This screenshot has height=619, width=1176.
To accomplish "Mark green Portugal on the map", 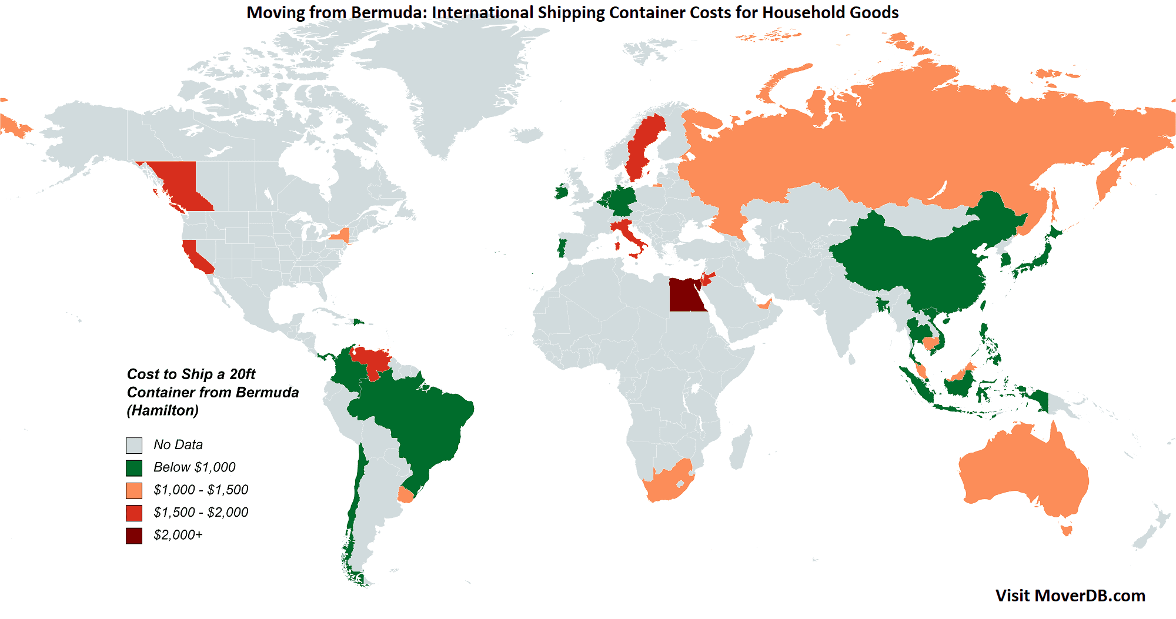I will [x=561, y=247].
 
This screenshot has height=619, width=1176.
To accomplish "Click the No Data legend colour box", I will [x=134, y=445].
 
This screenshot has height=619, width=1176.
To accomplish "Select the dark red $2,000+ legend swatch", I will [x=134, y=536].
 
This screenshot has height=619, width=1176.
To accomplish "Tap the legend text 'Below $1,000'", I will [x=194, y=467].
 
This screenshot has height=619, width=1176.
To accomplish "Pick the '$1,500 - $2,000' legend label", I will [x=201, y=513].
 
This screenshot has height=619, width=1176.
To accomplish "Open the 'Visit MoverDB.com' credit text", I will [x=1070, y=595].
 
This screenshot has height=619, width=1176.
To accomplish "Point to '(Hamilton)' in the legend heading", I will [x=163, y=410].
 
